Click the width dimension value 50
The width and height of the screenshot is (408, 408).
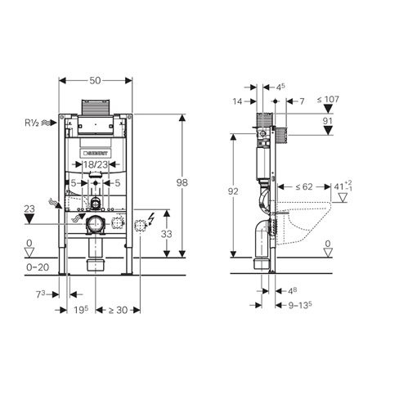pyautogui.click(x=95, y=80)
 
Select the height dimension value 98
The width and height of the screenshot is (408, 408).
pyautogui.click(x=182, y=182)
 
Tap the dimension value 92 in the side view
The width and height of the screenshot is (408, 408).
pyautogui.click(x=233, y=191)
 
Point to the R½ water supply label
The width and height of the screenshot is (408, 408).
pyautogui.click(x=32, y=123)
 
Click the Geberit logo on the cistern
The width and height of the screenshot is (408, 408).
pyautogui.click(x=96, y=153)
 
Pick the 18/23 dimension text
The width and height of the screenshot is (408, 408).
pyautogui.click(x=96, y=164)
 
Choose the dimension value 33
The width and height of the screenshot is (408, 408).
pyautogui.click(x=166, y=234)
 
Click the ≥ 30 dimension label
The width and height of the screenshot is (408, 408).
pyautogui.click(x=118, y=310)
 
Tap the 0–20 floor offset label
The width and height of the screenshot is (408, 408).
pyautogui.click(x=38, y=267)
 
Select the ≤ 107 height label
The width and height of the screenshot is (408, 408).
pyautogui.click(x=328, y=100)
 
